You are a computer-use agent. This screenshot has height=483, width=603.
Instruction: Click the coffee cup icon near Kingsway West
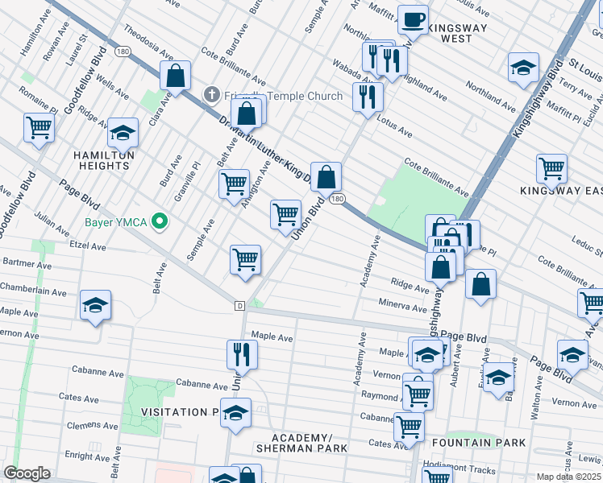413,19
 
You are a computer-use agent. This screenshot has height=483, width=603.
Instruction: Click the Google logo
27,473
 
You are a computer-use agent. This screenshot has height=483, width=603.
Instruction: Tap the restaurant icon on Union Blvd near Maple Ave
241,354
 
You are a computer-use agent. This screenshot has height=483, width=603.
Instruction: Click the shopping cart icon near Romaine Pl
38,127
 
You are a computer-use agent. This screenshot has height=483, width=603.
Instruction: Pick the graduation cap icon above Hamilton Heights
123,131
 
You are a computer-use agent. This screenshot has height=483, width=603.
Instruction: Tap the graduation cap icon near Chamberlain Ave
95,305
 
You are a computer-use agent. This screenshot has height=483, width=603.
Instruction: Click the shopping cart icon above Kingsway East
551,168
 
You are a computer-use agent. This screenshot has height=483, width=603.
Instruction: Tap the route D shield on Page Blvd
239,306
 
